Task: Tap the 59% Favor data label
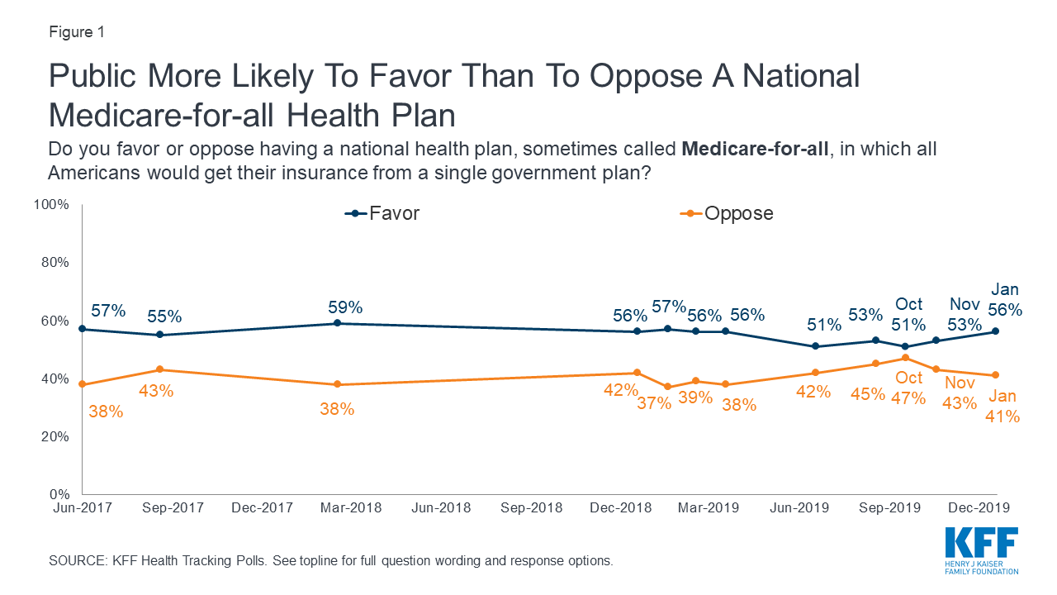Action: tap(345, 307)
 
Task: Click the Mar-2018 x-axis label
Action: tap(350, 507)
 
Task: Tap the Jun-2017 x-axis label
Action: tap(83, 507)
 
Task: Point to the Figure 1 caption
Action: tap(76, 33)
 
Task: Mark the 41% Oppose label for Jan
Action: tap(1003, 416)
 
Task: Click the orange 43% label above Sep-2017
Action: tap(156, 390)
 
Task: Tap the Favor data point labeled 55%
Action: tap(159, 335)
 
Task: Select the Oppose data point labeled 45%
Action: tap(875, 364)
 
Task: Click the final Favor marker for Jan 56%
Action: tap(996, 331)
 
